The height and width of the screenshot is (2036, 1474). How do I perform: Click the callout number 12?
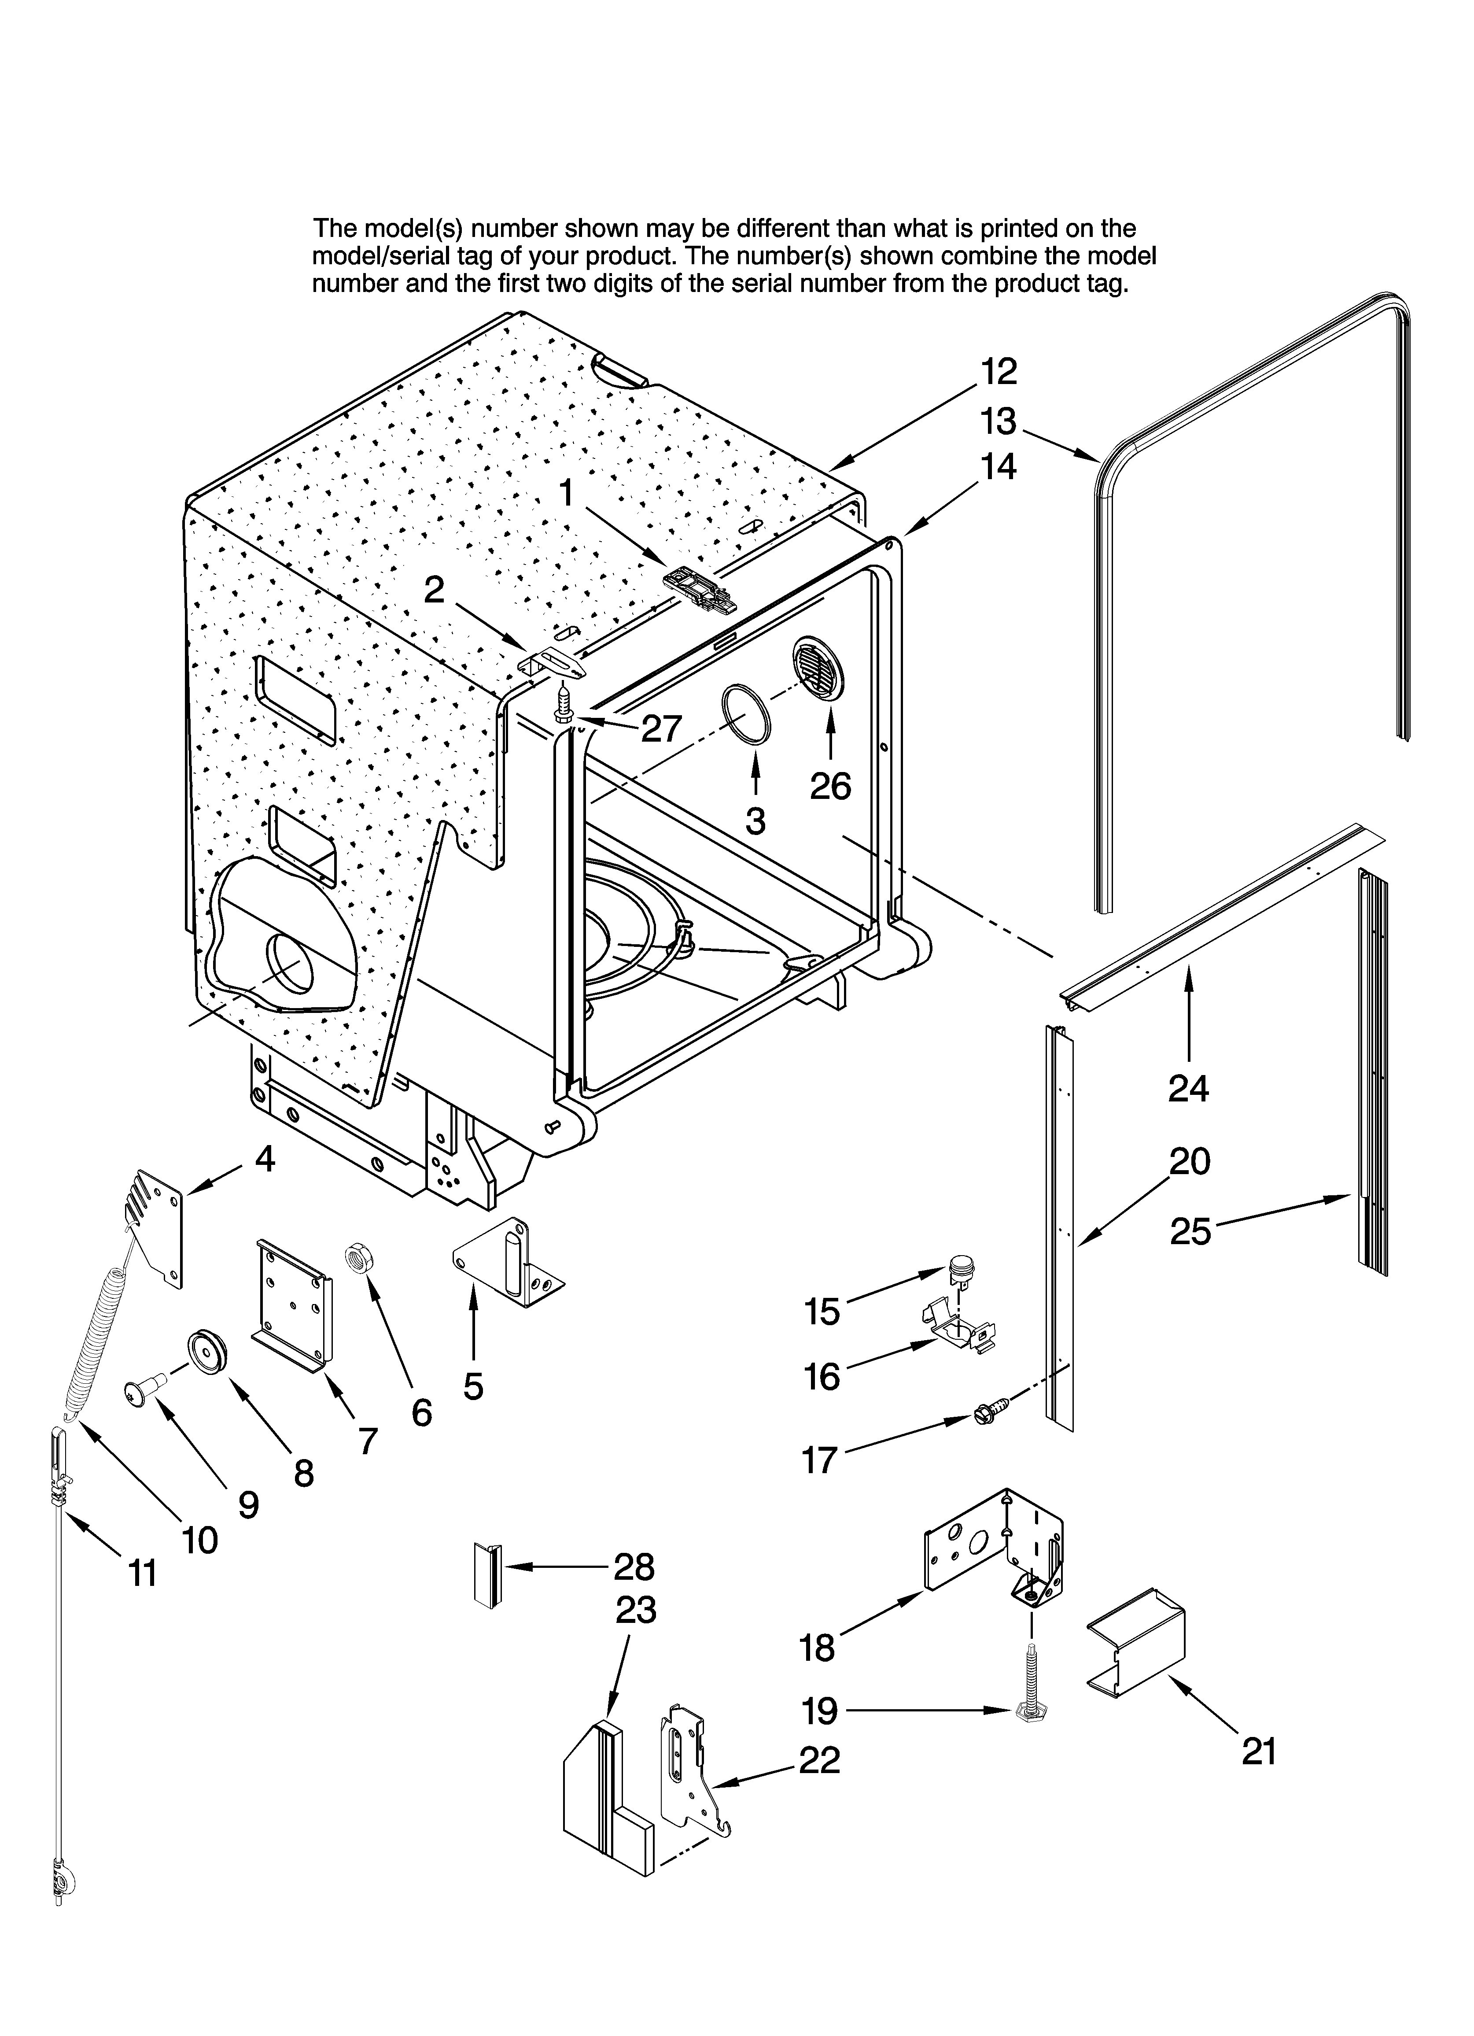998,371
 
